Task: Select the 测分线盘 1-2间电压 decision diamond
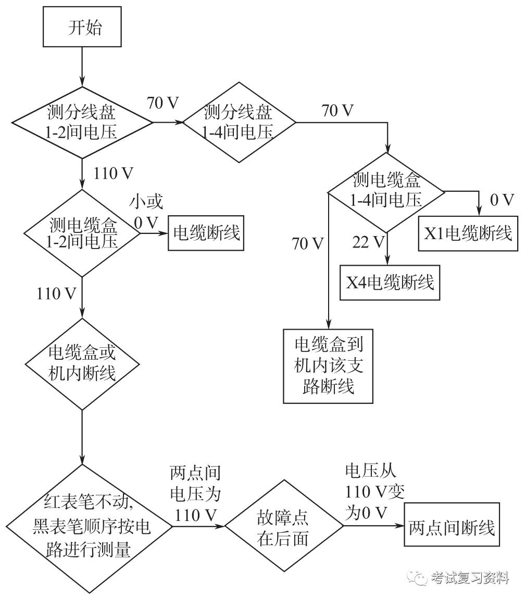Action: [x=82, y=122]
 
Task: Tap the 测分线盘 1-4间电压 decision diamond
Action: [x=239, y=123]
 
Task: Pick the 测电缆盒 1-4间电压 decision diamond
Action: [x=386, y=192]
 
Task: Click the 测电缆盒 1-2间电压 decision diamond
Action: [x=83, y=233]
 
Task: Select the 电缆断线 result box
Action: [x=206, y=234]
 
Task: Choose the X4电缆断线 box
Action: [x=390, y=283]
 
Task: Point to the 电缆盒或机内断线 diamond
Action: [x=82, y=364]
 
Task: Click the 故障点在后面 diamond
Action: [x=283, y=527]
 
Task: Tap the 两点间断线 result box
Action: [x=452, y=528]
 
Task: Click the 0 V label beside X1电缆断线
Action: [x=502, y=200]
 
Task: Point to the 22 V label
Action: [x=368, y=242]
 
